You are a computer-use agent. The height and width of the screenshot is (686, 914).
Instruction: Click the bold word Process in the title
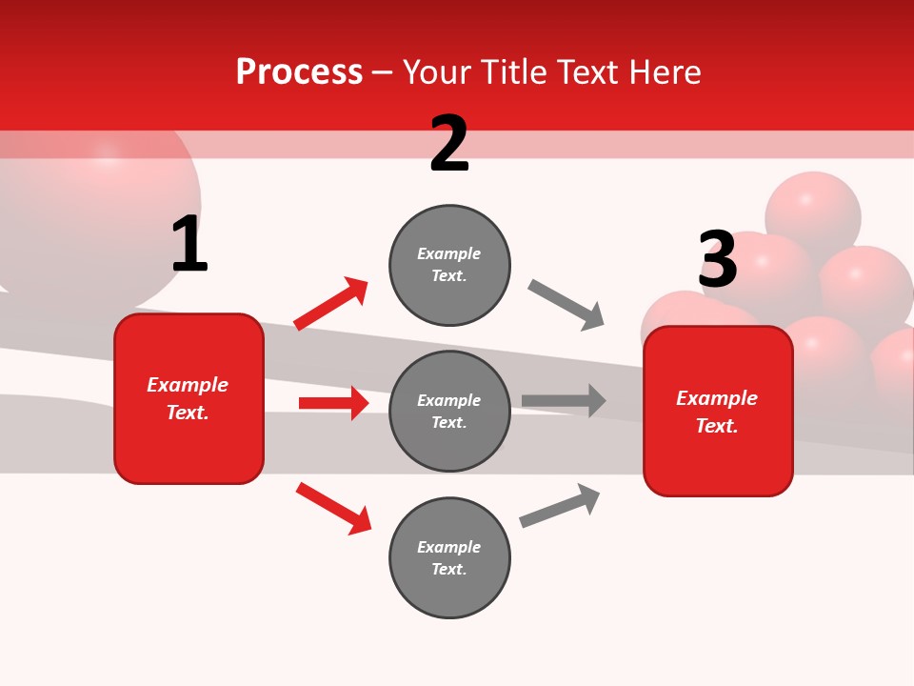(x=299, y=72)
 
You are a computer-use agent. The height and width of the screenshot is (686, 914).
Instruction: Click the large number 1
(x=189, y=244)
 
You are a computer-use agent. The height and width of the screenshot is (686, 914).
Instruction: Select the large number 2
(x=449, y=144)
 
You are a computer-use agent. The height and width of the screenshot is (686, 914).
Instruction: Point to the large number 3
(x=718, y=260)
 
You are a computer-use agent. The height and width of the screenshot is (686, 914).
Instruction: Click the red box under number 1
(x=189, y=398)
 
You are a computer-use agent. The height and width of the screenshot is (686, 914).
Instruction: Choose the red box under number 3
(x=718, y=411)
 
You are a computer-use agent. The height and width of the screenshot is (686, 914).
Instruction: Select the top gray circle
(x=449, y=265)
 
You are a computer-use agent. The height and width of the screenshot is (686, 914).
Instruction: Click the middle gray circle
(x=449, y=411)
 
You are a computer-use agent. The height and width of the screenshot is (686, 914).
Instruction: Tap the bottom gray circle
(x=449, y=557)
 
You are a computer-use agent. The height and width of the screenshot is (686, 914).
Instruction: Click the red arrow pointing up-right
(x=331, y=304)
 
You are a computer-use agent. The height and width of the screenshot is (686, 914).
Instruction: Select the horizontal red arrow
(x=333, y=403)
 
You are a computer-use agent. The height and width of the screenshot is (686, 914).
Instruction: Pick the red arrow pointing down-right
(x=333, y=508)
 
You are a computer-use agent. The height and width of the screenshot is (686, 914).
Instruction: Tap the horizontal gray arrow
(x=564, y=400)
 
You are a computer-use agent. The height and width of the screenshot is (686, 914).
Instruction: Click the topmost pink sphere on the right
(x=812, y=210)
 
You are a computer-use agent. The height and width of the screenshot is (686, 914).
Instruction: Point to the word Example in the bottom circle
(x=448, y=547)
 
